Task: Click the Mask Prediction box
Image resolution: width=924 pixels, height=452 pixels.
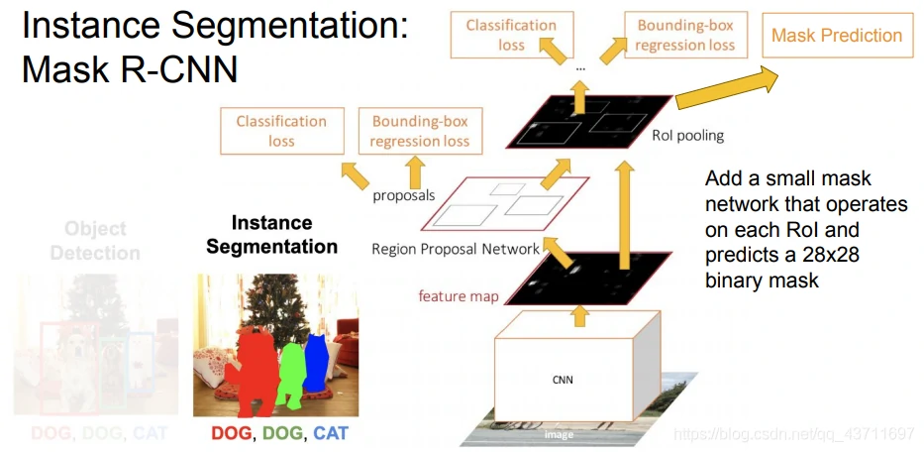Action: click(x=837, y=36)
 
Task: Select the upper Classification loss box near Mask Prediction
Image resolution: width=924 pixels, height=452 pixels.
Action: click(x=511, y=35)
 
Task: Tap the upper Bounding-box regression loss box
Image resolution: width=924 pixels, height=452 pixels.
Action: click(x=685, y=35)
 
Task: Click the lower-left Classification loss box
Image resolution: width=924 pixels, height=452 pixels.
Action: click(x=281, y=131)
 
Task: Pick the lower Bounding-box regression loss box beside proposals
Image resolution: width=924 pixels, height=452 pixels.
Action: click(x=420, y=131)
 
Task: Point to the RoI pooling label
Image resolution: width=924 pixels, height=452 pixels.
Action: click(x=688, y=136)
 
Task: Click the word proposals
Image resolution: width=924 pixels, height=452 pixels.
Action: click(x=404, y=194)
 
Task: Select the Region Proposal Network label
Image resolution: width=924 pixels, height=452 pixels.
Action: click(x=456, y=249)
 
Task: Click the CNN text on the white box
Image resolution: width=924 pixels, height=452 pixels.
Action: click(x=563, y=379)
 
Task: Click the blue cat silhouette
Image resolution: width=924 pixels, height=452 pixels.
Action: click(x=316, y=363)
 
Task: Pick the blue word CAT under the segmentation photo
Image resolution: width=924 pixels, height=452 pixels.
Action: click(x=331, y=432)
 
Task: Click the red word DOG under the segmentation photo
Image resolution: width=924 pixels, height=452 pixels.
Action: click(x=231, y=432)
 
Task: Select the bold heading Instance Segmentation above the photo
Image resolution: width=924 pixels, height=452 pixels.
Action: click(x=271, y=235)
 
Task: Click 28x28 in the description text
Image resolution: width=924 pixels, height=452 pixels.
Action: click(x=832, y=255)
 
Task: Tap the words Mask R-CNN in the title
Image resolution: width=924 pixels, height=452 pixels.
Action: click(x=130, y=69)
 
